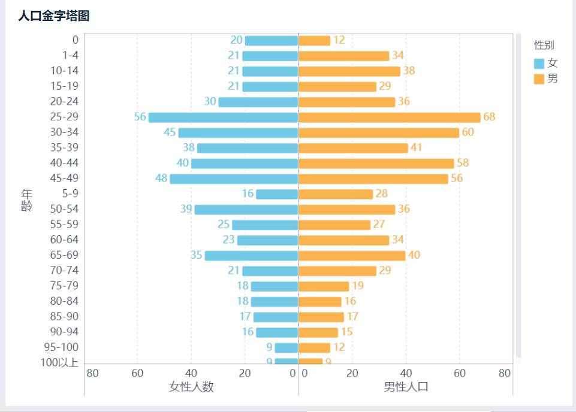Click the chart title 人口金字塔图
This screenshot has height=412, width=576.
click(54, 16)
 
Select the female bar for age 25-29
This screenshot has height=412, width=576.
click(223, 117)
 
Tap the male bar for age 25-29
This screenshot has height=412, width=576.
click(390, 117)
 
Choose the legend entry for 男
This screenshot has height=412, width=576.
click(545, 78)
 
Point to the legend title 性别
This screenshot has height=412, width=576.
click(544, 45)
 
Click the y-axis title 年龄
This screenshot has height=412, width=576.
click(26, 200)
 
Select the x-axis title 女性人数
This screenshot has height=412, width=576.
click(191, 387)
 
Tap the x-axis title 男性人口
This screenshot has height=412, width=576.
click(406, 387)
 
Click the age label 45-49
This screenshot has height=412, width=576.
click(64, 178)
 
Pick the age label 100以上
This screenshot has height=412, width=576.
click(59, 362)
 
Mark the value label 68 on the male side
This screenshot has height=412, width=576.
click(489, 117)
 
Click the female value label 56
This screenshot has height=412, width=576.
click(140, 117)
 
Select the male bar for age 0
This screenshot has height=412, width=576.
click(314, 41)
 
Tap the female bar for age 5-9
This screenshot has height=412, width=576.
click(277, 194)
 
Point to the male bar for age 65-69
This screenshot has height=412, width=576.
click(352, 256)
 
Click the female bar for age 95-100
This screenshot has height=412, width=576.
click(286, 348)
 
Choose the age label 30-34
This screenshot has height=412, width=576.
click(64, 132)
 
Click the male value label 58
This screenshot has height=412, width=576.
click(462, 163)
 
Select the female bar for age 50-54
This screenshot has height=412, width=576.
click(246, 210)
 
